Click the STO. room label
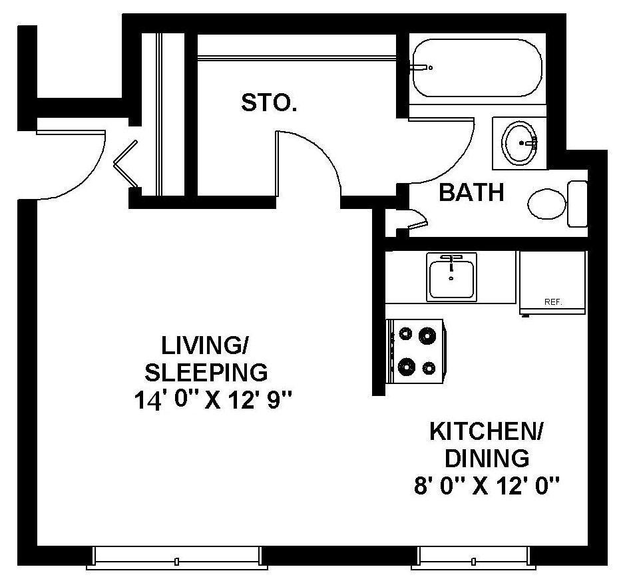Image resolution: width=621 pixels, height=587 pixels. point(269,102)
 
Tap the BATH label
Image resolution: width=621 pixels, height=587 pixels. point(471,192)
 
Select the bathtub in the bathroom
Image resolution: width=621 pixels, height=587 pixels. point(477,68)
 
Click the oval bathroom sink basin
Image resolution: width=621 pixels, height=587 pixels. point(518,143)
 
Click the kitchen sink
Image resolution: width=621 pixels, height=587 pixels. point(451,276)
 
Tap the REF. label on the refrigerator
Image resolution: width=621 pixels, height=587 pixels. point(553,301)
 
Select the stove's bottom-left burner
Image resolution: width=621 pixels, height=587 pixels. point(406,367)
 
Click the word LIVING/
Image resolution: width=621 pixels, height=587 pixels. point(204,345)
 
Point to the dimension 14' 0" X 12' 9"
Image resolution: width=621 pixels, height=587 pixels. point(213,401)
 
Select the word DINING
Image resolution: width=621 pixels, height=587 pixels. point(487,459)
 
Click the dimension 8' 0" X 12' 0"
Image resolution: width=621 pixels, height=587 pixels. point(487,486)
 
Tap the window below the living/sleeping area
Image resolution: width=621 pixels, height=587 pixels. point(176,558)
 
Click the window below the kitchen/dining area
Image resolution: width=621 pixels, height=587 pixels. point(474,558)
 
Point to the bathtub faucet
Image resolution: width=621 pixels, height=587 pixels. point(422,68)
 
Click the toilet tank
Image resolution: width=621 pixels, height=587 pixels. point(577,204)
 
